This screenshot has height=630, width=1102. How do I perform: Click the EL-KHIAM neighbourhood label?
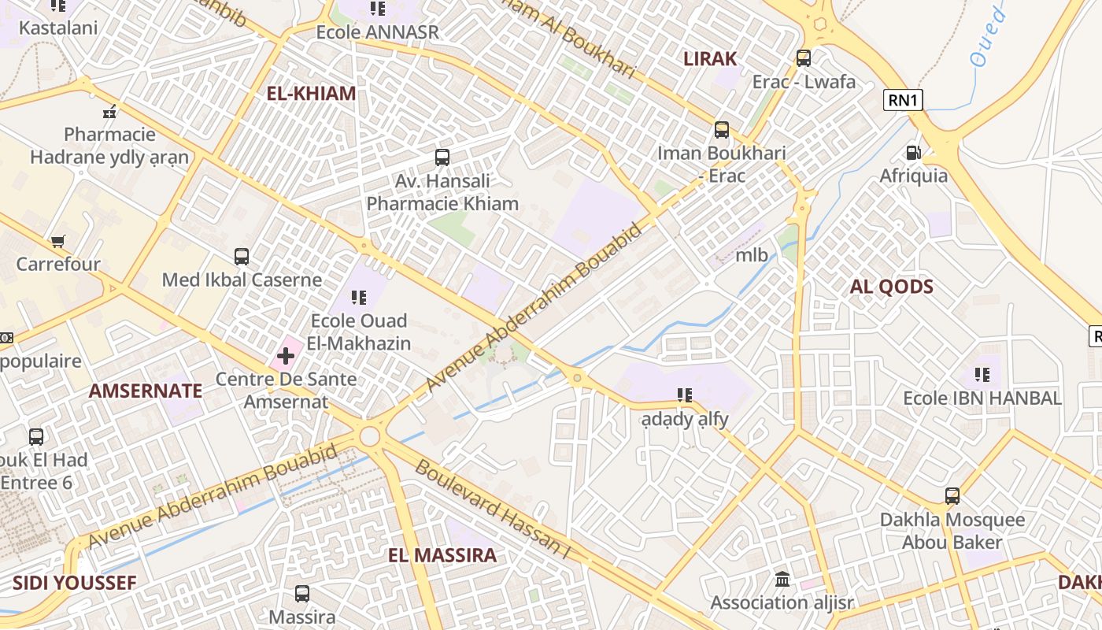311,94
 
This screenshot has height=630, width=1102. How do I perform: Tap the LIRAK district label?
710,59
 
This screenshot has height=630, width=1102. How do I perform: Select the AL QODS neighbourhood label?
891,287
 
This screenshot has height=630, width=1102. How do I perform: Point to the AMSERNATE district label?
146,391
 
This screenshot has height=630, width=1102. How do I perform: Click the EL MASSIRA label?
442,555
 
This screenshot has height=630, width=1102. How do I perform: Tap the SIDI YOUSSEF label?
74,584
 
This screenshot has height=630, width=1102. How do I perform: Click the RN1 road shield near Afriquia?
903,100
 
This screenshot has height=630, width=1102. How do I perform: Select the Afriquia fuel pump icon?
913,153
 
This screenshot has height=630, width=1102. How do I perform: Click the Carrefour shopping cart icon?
57,241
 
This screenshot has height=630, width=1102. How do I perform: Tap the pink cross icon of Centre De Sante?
285,357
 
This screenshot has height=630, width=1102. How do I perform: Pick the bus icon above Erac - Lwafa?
803,58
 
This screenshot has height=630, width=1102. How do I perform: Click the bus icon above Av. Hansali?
442,157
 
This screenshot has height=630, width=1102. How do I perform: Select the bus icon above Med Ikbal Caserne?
242,257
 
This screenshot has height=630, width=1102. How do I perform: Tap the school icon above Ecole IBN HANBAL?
982,375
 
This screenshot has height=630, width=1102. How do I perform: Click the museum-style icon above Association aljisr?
782,580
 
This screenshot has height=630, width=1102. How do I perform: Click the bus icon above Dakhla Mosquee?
952,496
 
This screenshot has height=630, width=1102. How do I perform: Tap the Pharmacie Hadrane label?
109,146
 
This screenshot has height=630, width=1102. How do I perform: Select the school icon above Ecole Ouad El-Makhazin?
359,298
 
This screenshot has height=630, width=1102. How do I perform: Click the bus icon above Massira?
302,594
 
